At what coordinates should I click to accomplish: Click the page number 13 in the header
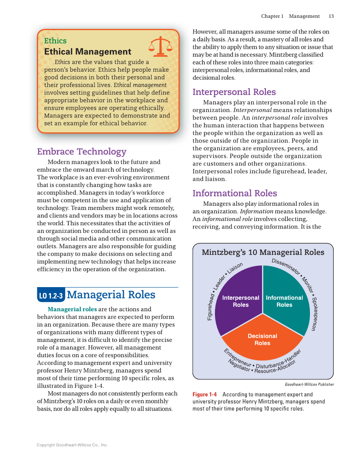(331, 16)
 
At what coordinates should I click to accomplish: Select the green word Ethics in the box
(55, 41)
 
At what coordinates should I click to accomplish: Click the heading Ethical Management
(88, 52)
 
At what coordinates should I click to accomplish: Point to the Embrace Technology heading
(82, 151)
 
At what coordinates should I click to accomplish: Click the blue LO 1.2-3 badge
(51, 296)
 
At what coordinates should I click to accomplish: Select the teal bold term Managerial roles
(72, 309)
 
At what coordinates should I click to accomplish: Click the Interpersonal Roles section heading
(234, 92)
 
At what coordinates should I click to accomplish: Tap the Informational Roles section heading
(234, 193)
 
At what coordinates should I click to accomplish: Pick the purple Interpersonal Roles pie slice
(240, 297)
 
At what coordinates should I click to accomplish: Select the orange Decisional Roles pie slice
(262, 337)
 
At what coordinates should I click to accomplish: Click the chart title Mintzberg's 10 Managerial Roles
(263, 252)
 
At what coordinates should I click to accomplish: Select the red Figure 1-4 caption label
(204, 394)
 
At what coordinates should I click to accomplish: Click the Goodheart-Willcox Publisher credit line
(309, 385)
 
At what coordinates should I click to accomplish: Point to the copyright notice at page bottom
(72, 445)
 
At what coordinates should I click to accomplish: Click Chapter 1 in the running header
(272, 16)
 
